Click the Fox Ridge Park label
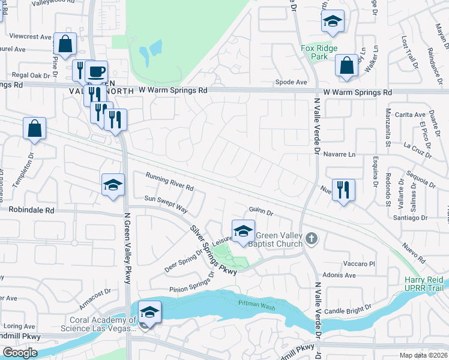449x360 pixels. tap(319, 53)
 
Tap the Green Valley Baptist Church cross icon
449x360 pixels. tap(310, 239)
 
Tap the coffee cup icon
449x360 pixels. tap(96, 71)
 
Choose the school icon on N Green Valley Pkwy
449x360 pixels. tap(113, 185)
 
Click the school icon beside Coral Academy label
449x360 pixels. tap(149, 312)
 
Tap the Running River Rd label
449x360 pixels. tap(170, 181)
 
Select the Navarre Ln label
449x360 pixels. tap(339, 154)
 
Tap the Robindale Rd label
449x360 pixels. tap(31, 210)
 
